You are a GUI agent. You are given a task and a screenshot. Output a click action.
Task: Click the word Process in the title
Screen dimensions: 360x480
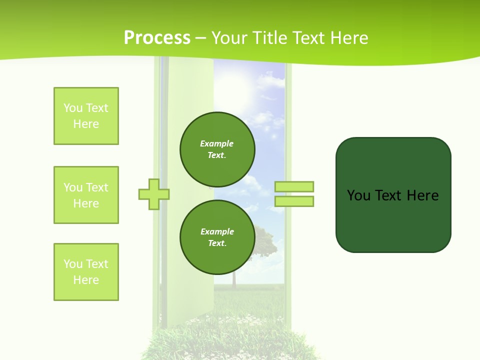(x=157, y=38)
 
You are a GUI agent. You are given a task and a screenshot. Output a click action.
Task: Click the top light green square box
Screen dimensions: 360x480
(x=86, y=116)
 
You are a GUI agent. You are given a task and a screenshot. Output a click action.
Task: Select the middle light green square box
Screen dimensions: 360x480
(x=86, y=195)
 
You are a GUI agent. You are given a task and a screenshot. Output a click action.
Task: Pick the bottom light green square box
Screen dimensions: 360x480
(x=86, y=272)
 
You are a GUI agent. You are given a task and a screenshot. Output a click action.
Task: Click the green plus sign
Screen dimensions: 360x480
(x=154, y=194)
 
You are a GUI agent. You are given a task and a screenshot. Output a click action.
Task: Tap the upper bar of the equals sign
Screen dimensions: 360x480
(x=294, y=186)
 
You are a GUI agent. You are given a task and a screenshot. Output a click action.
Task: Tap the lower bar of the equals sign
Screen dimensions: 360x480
(x=294, y=201)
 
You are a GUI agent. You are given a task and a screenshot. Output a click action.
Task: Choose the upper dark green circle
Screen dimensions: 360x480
(x=217, y=149)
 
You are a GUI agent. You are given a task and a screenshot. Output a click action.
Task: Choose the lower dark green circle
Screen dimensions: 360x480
(x=217, y=237)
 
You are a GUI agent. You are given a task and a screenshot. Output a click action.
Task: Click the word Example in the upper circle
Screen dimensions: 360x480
(x=217, y=143)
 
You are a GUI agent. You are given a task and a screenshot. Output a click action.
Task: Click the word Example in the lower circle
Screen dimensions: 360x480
(x=217, y=231)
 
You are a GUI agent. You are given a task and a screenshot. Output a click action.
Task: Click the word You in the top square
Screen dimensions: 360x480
(x=73, y=108)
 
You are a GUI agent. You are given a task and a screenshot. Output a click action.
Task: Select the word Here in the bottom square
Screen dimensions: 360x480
(x=86, y=280)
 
